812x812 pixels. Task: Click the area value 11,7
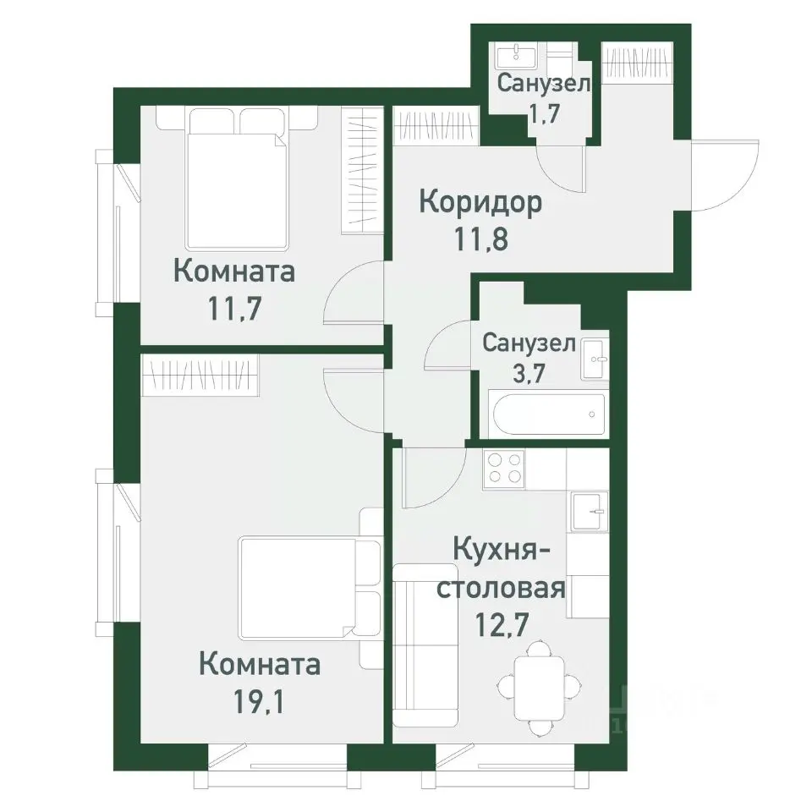pyautogui.click(x=234, y=305)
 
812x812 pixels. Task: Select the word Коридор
pyautogui.click(x=480, y=204)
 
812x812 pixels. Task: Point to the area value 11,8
pyautogui.click(x=480, y=239)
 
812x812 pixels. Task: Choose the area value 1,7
pyautogui.click(x=544, y=112)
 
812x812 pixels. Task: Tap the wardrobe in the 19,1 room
pyautogui.click(x=200, y=375)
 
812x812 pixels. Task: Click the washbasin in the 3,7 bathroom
pyautogui.click(x=595, y=359)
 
